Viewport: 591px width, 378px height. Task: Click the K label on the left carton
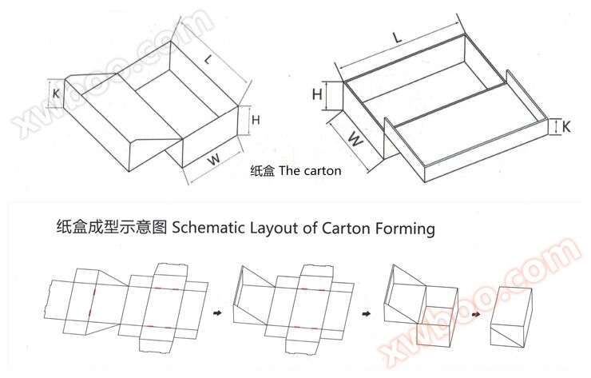[56, 93]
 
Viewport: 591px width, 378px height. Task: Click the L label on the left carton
[208, 59]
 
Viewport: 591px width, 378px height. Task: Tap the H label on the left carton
[256, 120]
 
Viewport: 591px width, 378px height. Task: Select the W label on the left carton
[214, 160]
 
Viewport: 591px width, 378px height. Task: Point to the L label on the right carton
[397, 38]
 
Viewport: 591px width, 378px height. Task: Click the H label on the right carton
[317, 94]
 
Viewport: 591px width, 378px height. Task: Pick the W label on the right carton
[355, 139]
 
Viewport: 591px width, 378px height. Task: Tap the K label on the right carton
[565, 127]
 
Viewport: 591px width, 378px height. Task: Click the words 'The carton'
[310, 171]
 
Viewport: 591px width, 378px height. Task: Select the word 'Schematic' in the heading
[208, 228]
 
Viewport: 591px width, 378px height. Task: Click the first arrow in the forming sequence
[217, 312]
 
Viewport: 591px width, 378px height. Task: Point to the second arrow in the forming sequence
[366, 313]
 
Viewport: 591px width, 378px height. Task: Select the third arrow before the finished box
[476, 314]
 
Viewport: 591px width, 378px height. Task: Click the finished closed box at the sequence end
[511, 317]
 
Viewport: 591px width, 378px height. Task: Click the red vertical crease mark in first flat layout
[92, 301]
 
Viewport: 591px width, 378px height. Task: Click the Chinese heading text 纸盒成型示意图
[112, 228]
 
